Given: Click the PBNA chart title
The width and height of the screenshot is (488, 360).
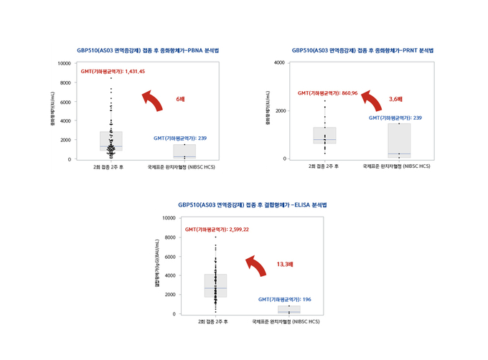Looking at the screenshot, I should tap(148, 51).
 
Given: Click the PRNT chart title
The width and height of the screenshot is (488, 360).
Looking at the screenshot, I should tap(362, 51).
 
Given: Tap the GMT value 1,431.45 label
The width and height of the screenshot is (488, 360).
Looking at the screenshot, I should tap(113, 72).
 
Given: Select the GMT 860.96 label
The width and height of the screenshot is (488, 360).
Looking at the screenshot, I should tap(327, 93).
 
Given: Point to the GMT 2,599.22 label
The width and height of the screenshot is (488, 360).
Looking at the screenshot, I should tap(217, 229).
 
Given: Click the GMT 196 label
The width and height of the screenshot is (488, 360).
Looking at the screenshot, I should tap(284, 298).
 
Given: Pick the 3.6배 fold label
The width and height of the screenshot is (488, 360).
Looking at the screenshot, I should tap(395, 98).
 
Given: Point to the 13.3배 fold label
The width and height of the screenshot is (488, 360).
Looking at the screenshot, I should tap(285, 265).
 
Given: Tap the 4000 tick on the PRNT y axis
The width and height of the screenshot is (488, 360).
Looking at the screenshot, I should tap(278, 63).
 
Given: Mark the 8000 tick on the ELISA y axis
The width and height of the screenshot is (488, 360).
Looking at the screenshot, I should tap(169, 237).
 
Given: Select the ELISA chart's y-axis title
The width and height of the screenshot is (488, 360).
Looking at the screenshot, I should tap(156, 266).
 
